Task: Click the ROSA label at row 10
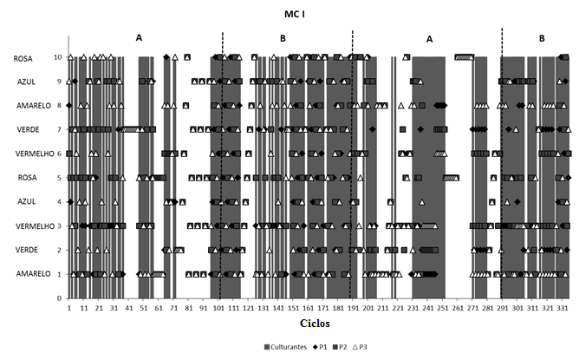click(23, 58)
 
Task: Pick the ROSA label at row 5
click(23, 178)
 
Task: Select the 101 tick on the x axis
click(218, 307)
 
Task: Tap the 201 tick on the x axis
click(368, 307)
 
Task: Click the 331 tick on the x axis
click(563, 307)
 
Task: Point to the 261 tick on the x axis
click(458, 307)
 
